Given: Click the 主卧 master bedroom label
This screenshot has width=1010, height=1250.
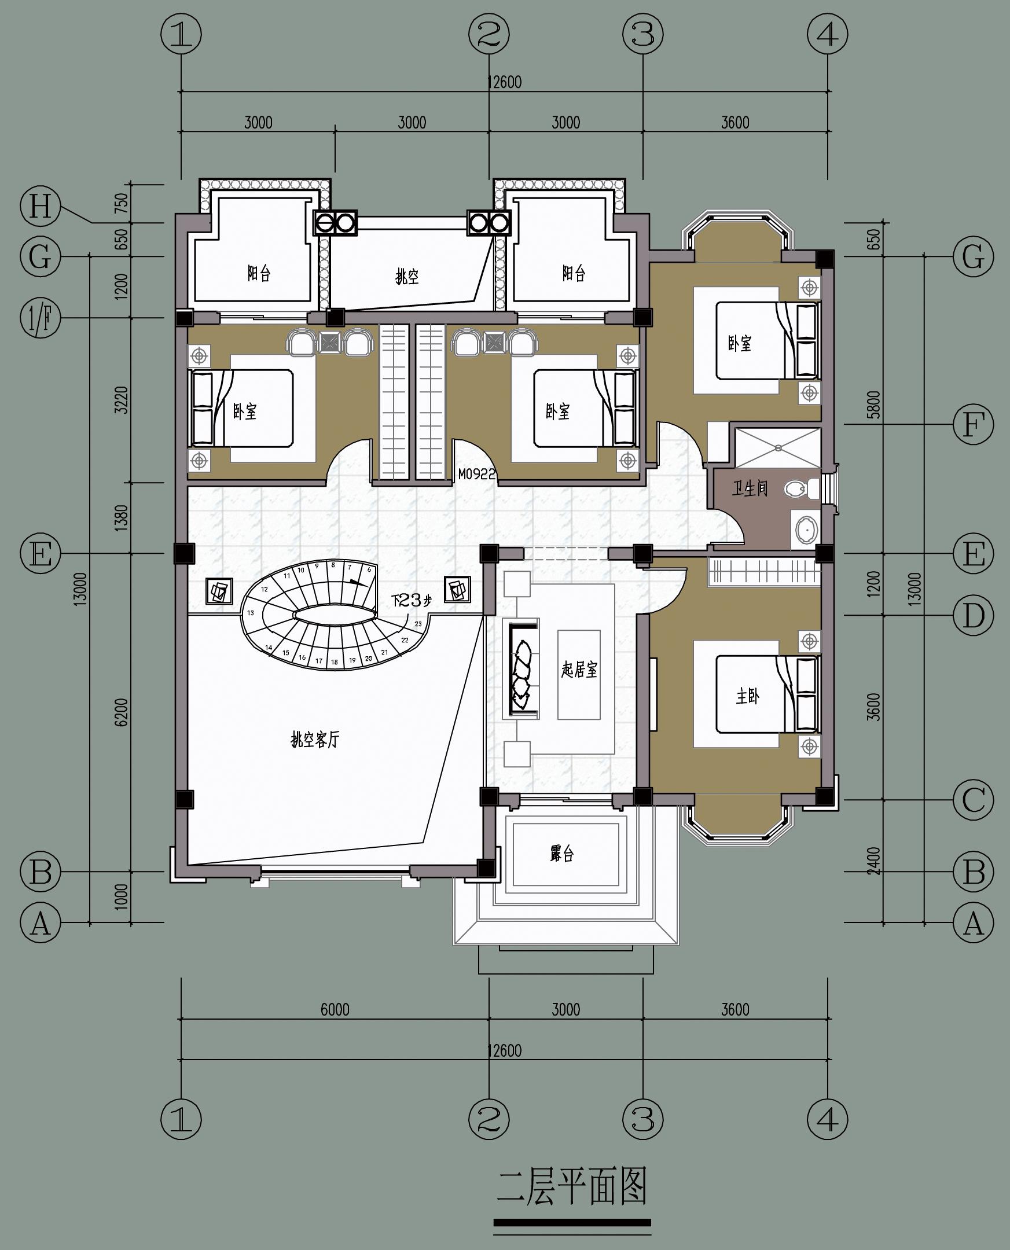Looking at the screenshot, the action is click(747, 696).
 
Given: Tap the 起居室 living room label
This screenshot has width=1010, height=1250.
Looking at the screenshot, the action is click(579, 670).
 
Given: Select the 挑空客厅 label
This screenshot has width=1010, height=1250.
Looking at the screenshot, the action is click(315, 740).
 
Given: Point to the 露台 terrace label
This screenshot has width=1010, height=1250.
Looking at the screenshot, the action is click(561, 854).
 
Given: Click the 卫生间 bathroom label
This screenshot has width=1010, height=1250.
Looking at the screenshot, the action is click(750, 488).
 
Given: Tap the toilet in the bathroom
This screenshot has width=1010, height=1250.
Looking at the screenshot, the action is click(800, 488).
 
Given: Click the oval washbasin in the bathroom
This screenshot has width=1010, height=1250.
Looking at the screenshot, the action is click(807, 530).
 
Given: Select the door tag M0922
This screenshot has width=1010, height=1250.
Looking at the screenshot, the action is click(476, 474).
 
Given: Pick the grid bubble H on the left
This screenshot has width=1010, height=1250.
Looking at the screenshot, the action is click(40, 207).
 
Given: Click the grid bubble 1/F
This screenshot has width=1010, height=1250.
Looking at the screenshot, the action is click(40, 318).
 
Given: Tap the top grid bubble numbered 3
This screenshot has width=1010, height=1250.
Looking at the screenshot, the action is click(643, 34).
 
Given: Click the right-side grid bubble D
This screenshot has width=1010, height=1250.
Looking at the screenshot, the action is click(974, 615).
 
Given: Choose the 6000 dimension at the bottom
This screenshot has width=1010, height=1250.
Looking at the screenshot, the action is click(335, 1009).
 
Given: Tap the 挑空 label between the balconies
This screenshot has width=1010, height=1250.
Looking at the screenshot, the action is click(407, 277).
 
